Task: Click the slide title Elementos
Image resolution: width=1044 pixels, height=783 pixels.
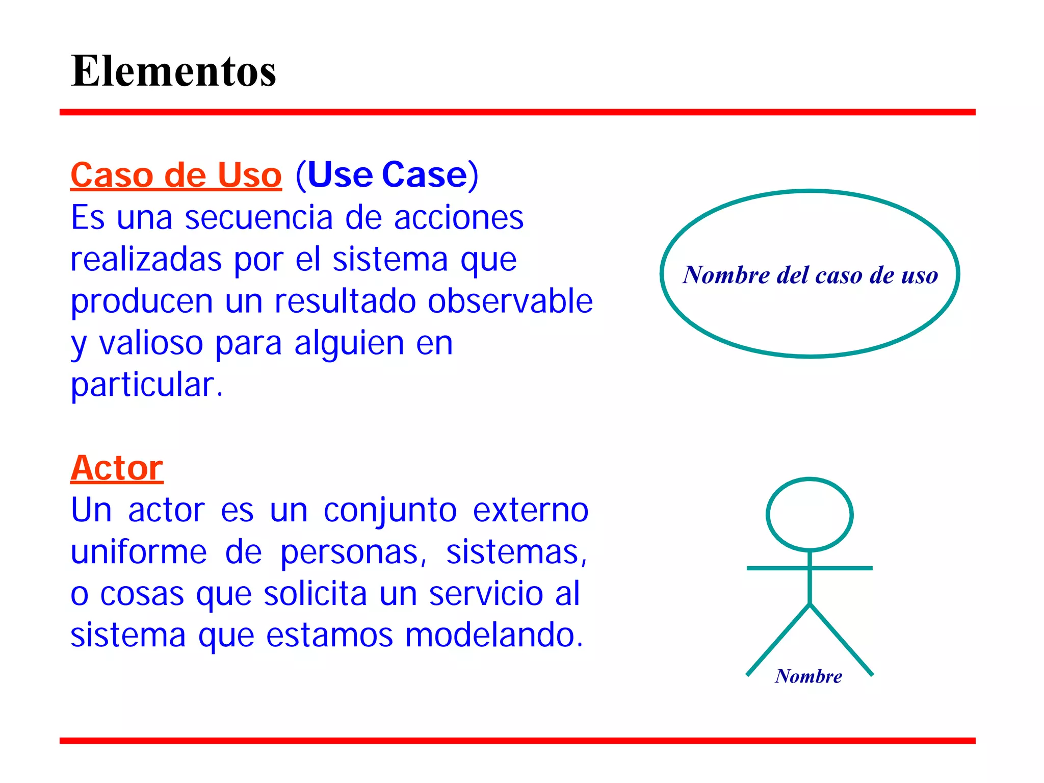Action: point(173,71)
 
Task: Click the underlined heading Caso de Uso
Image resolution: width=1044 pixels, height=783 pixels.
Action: point(176,175)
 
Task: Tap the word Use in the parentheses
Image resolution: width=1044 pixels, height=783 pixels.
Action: point(340,175)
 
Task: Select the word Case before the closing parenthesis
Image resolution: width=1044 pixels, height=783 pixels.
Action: point(424,175)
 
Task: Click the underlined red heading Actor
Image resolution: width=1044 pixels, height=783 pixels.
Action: point(117,468)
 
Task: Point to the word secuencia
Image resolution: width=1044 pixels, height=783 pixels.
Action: point(258,218)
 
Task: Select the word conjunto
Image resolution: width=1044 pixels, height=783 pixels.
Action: point(390,510)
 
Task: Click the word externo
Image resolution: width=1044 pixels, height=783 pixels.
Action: point(531,510)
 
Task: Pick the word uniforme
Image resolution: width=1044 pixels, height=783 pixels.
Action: point(139,552)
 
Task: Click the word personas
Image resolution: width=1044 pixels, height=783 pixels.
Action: point(350,553)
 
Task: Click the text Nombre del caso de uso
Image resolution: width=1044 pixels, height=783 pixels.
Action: point(810,275)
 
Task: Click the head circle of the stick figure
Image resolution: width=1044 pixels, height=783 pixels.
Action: point(810,514)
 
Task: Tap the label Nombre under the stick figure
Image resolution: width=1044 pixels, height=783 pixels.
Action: point(808,676)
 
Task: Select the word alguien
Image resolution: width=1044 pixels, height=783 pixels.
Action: point(349,344)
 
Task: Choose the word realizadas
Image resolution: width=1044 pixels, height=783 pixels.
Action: point(146,259)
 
